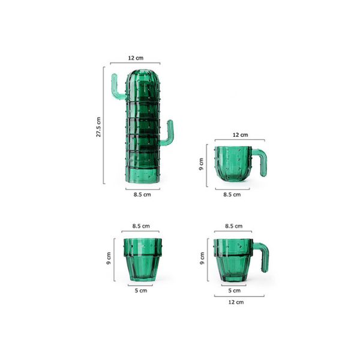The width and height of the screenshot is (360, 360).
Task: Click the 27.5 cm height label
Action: point(98,126)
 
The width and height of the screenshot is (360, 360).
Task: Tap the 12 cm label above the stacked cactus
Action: point(136,58)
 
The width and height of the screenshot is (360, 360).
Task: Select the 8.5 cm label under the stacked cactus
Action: point(142,194)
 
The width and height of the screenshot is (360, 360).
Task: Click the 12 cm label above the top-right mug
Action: point(239,136)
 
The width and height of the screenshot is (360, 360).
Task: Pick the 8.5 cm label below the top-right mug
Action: point(232,194)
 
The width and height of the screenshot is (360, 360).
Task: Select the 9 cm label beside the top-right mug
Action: point(202,164)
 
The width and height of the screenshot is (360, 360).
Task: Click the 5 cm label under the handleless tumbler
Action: point(140,290)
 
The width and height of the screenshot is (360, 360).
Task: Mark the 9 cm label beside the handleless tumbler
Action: point(110,259)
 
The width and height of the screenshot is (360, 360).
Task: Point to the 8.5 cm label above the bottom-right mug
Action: point(233,226)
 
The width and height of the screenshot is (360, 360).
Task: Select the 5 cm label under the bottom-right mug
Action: point(235,290)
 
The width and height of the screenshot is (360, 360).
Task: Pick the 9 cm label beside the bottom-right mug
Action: point(202,259)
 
